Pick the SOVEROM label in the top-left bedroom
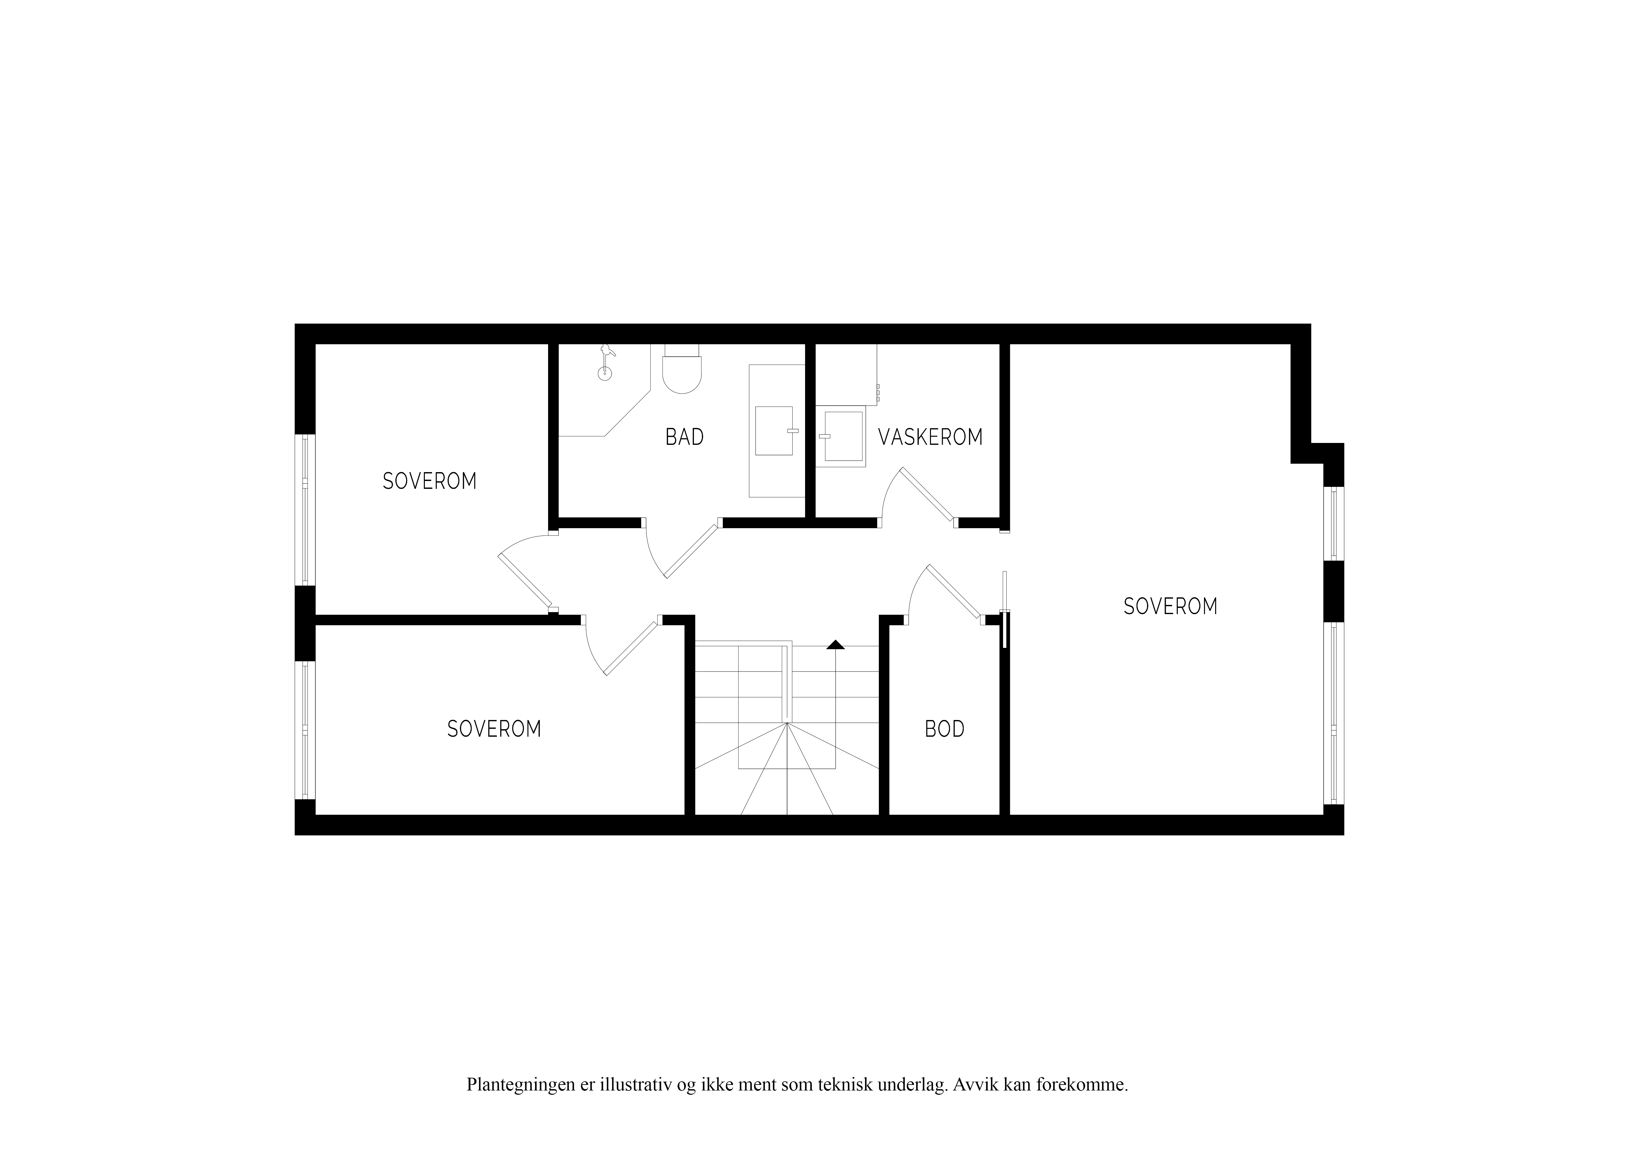[430, 481]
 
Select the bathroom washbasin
[775, 430]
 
